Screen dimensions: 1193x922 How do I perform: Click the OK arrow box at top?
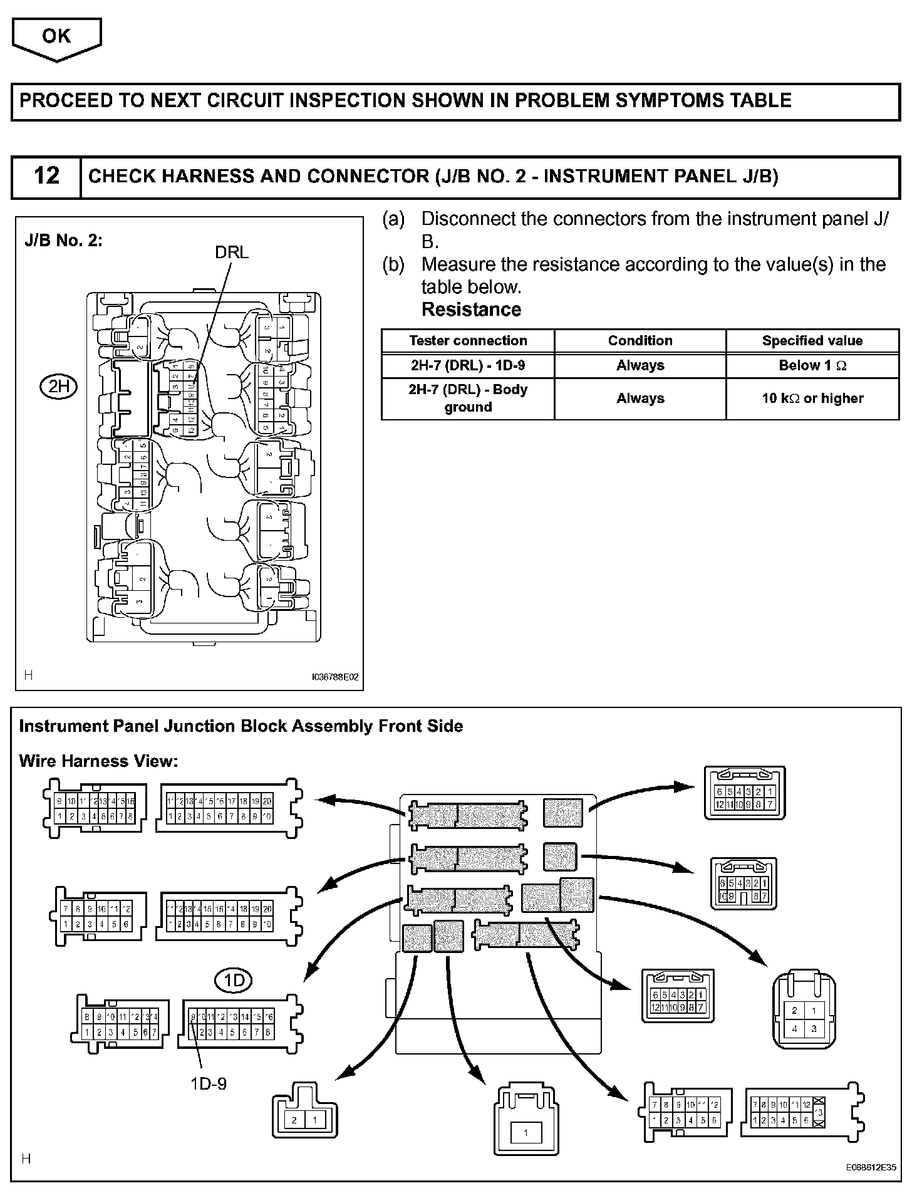[x=56, y=38]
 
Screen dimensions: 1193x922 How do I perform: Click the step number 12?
[x=46, y=176]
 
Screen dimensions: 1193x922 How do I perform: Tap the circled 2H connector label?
[x=58, y=387]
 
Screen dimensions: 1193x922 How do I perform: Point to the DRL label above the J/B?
[x=232, y=252]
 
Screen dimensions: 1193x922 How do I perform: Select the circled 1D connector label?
[x=234, y=979]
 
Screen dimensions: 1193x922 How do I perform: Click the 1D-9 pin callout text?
[x=209, y=1083]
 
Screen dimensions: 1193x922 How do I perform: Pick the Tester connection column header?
[x=468, y=341]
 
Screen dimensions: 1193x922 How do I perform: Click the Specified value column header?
[x=812, y=341]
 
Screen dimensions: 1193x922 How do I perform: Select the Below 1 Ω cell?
[x=812, y=365]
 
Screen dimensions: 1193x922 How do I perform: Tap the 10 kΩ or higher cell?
[x=812, y=399]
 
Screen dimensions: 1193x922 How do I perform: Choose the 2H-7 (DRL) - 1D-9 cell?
[x=468, y=365]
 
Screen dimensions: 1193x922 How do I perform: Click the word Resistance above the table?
[x=471, y=310]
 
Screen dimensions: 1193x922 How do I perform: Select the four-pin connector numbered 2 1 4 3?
[x=804, y=1019]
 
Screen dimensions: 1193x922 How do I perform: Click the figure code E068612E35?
[x=871, y=1167]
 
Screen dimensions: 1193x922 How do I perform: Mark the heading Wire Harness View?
[x=98, y=761]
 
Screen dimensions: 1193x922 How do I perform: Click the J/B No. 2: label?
[x=63, y=241]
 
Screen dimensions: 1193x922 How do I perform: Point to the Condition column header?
[x=640, y=341]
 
